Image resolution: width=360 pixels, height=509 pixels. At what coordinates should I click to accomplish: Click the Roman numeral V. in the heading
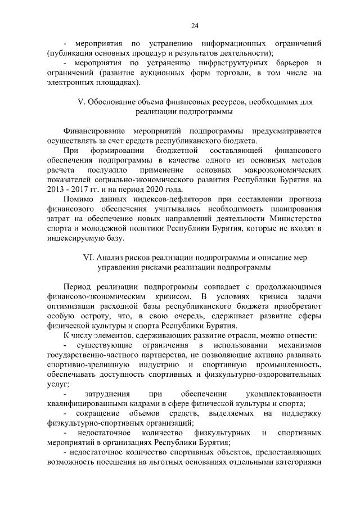tap(80, 103)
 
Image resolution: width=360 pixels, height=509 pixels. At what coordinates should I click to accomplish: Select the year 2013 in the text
tap(57, 189)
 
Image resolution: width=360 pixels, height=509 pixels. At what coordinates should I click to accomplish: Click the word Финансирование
tap(93, 131)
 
